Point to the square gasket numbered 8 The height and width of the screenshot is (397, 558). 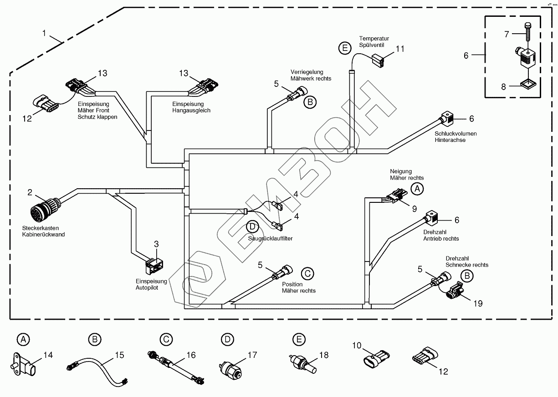[528, 85]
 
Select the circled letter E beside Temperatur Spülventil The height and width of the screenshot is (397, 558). [345, 47]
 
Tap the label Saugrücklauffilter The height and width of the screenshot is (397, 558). [270, 238]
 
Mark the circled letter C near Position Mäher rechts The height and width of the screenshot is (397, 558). [307, 273]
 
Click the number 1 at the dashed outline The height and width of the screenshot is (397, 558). [44, 33]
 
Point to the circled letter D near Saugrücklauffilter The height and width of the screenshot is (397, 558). [251, 226]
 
